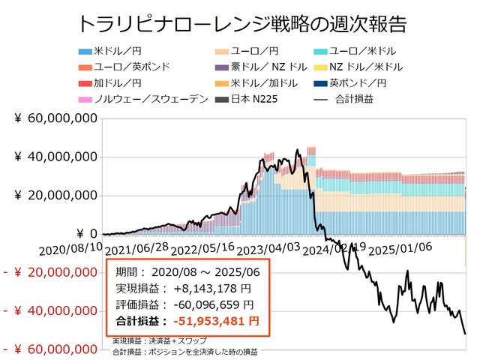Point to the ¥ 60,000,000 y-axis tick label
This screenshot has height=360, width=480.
[x=55, y=118]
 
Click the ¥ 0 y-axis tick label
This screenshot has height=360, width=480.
[x=82, y=234]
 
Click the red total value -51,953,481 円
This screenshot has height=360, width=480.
[x=215, y=321]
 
